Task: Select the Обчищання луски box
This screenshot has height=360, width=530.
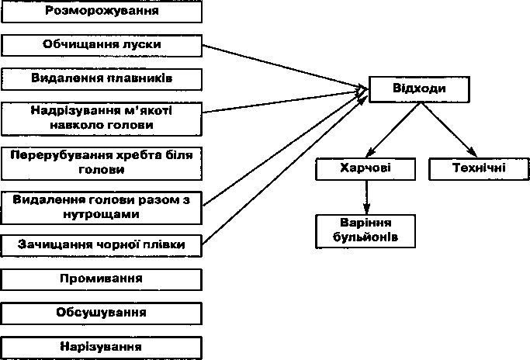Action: (102, 45)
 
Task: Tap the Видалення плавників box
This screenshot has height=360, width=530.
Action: (102, 79)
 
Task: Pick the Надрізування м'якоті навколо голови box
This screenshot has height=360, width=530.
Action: (102, 119)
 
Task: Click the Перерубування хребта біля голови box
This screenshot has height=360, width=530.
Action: (102, 163)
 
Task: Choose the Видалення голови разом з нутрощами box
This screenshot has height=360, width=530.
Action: (102, 208)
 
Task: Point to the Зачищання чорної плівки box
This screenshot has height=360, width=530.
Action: (102, 246)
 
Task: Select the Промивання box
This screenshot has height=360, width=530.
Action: (102, 279)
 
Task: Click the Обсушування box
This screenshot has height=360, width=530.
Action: (102, 313)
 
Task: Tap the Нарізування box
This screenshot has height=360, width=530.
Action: (102, 348)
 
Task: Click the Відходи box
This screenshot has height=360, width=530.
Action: (419, 89)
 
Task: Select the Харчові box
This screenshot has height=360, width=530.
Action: (365, 168)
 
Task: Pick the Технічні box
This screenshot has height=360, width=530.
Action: (479, 168)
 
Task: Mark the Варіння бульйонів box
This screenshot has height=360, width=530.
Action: (365, 231)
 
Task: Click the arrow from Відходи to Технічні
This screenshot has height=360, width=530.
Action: (449, 130)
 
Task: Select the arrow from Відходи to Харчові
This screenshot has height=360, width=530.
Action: (393, 130)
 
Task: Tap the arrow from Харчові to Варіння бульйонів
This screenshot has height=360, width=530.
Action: (367, 197)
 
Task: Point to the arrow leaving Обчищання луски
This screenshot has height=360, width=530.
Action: (285, 67)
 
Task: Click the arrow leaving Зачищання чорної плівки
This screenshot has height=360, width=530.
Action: (285, 171)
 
